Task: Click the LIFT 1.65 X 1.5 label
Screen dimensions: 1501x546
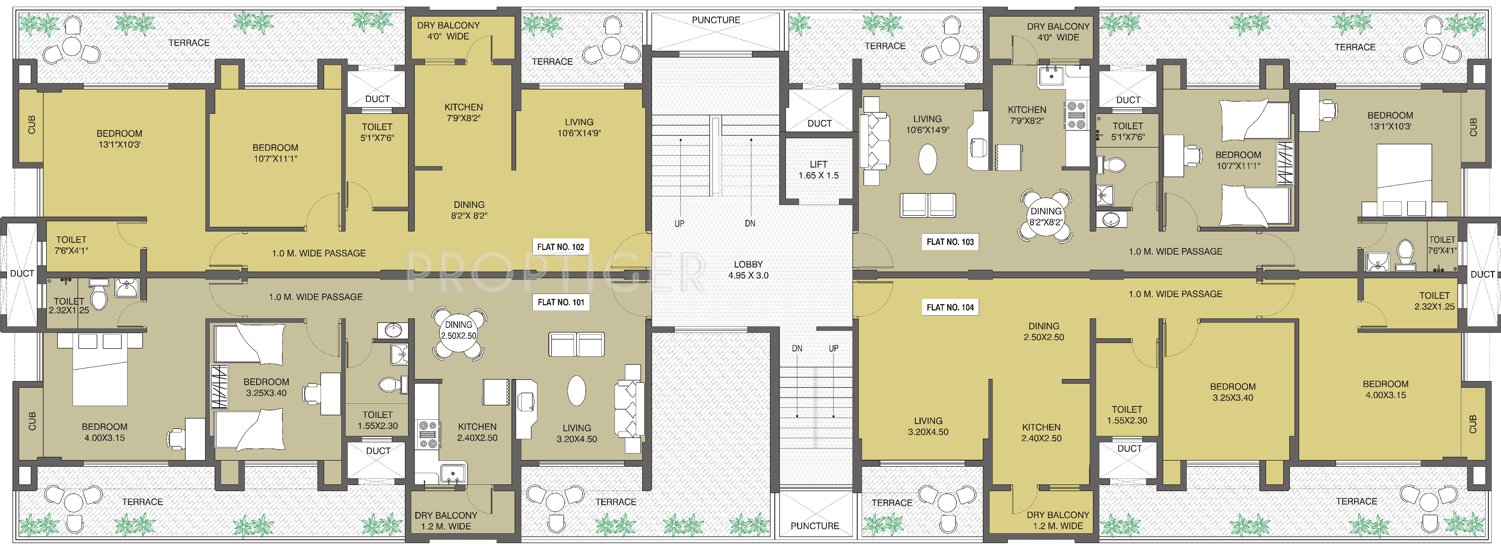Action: pyautogui.click(x=819, y=170)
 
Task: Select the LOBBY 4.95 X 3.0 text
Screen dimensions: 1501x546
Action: pyautogui.click(x=748, y=270)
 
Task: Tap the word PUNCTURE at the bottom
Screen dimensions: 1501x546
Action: pyautogui.click(x=815, y=526)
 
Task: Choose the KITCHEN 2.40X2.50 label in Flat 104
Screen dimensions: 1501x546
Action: pyautogui.click(x=1041, y=432)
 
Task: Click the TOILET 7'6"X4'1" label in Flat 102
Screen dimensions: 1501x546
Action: pyautogui.click(x=71, y=245)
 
